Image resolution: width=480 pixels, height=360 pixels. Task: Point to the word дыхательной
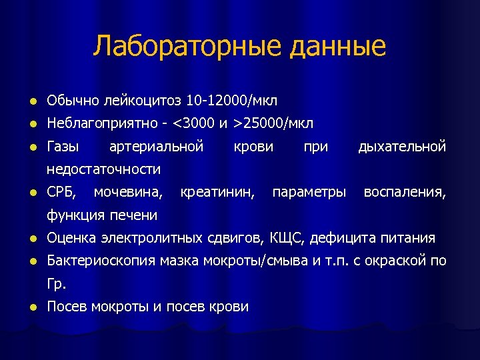[x=402, y=147]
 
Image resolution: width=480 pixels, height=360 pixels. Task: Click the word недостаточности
[x=104, y=169]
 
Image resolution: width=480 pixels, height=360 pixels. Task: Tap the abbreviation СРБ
[x=62, y=193]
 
